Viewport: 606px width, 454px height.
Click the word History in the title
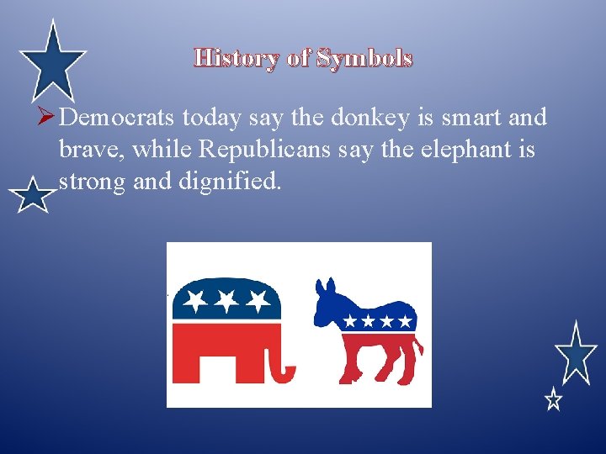point(237,58)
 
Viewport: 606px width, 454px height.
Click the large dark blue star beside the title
point(53,59)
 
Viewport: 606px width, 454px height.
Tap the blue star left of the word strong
point(32,197)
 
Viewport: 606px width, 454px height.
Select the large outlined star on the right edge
point(576,353)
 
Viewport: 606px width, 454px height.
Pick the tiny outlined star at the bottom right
point(552,399)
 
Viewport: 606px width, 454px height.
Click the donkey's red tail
point(417,357)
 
